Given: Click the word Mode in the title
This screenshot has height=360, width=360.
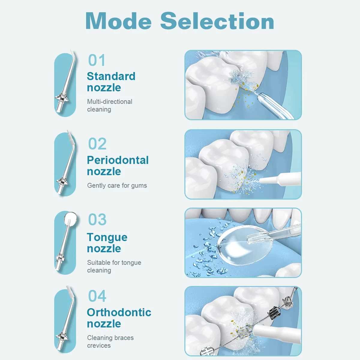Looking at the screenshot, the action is coord(118,21).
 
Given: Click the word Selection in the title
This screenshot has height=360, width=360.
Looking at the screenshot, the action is coord(217,21).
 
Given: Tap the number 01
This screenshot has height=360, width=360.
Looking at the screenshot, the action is coord(97,60).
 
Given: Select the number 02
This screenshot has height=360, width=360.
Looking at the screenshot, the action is coord(97,144).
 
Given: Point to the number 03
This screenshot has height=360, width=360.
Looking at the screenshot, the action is coord(97,219).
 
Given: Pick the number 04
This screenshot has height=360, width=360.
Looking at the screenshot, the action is coord(97,296).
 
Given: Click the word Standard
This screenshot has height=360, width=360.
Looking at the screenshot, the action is coord(111,76).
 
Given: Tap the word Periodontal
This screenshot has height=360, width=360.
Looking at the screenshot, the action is coord(118,160).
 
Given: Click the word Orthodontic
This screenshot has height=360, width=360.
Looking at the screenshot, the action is coord(119,312).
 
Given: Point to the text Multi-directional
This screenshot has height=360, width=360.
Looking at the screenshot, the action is coord(110,102).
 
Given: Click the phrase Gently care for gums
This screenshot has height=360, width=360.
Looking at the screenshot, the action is coord(117,185).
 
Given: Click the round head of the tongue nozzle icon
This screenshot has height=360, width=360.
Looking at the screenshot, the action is coord(70,217).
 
